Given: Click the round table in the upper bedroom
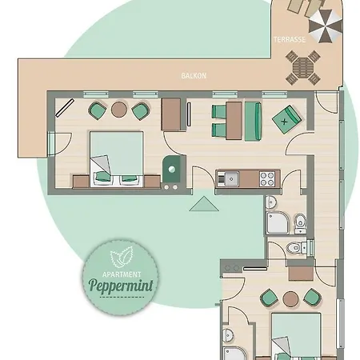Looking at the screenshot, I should coord(119,110).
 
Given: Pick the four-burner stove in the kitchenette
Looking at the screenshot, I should coord(265,175).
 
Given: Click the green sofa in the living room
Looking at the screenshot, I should coord(252,119).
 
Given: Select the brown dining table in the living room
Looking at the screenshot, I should coord(233,118).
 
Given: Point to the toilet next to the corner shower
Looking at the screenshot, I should coord(299,221).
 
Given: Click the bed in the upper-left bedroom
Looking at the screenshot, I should coord(116,157).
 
